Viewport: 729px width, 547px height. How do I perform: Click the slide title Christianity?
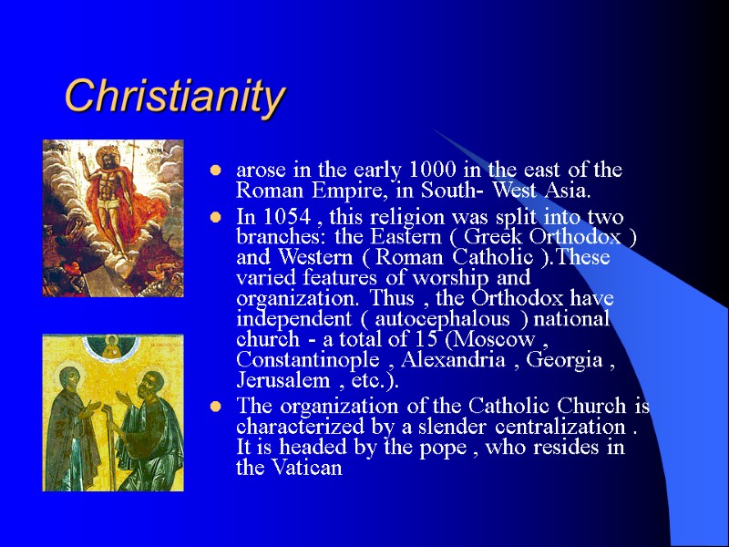click(175, 96)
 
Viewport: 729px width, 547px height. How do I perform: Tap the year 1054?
click(280, 217)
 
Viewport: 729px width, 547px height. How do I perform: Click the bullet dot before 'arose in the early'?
click(216, 171)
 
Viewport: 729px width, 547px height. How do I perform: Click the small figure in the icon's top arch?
click(112, 347)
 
